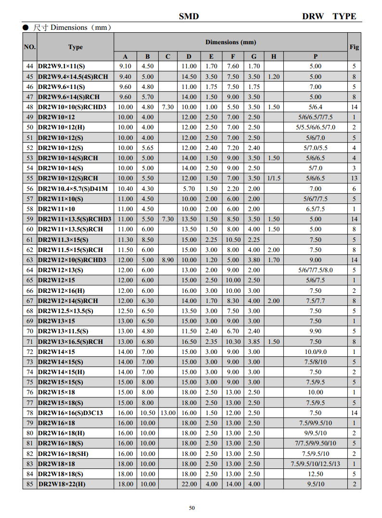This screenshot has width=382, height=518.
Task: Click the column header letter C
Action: pos(168,56)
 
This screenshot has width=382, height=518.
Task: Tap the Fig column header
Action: pos(354,47)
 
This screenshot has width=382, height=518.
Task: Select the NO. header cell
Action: pos(30,47)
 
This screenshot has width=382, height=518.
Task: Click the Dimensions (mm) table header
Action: pos(230,42)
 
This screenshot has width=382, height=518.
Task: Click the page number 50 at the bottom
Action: pos(192,508)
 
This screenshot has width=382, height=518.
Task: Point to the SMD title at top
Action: pos(189,16)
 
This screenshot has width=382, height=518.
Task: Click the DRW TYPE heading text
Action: pos(329,16)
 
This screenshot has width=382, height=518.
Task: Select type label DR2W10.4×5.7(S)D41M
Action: pos(73,189)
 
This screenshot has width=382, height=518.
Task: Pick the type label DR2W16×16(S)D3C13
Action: pos(70,413)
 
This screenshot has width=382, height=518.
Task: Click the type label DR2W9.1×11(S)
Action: pos(61,66)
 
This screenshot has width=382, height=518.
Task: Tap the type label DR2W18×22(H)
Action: pos(62,484)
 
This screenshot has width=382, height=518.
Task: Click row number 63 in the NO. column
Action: pos(30,260)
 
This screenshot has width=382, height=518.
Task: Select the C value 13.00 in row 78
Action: pos(168,413)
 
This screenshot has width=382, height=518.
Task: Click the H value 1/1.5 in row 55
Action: pos(274,178)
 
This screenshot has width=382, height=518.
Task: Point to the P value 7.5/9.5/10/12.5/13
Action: pos(315,464)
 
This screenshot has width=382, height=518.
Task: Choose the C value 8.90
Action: pos(168,260)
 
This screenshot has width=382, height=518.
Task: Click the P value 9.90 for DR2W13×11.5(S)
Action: pos(315,331)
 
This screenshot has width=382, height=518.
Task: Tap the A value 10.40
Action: pos(126,189)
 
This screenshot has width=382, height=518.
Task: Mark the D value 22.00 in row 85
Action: pos(189,484)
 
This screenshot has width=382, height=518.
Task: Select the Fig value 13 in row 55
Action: pos(354,178)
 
